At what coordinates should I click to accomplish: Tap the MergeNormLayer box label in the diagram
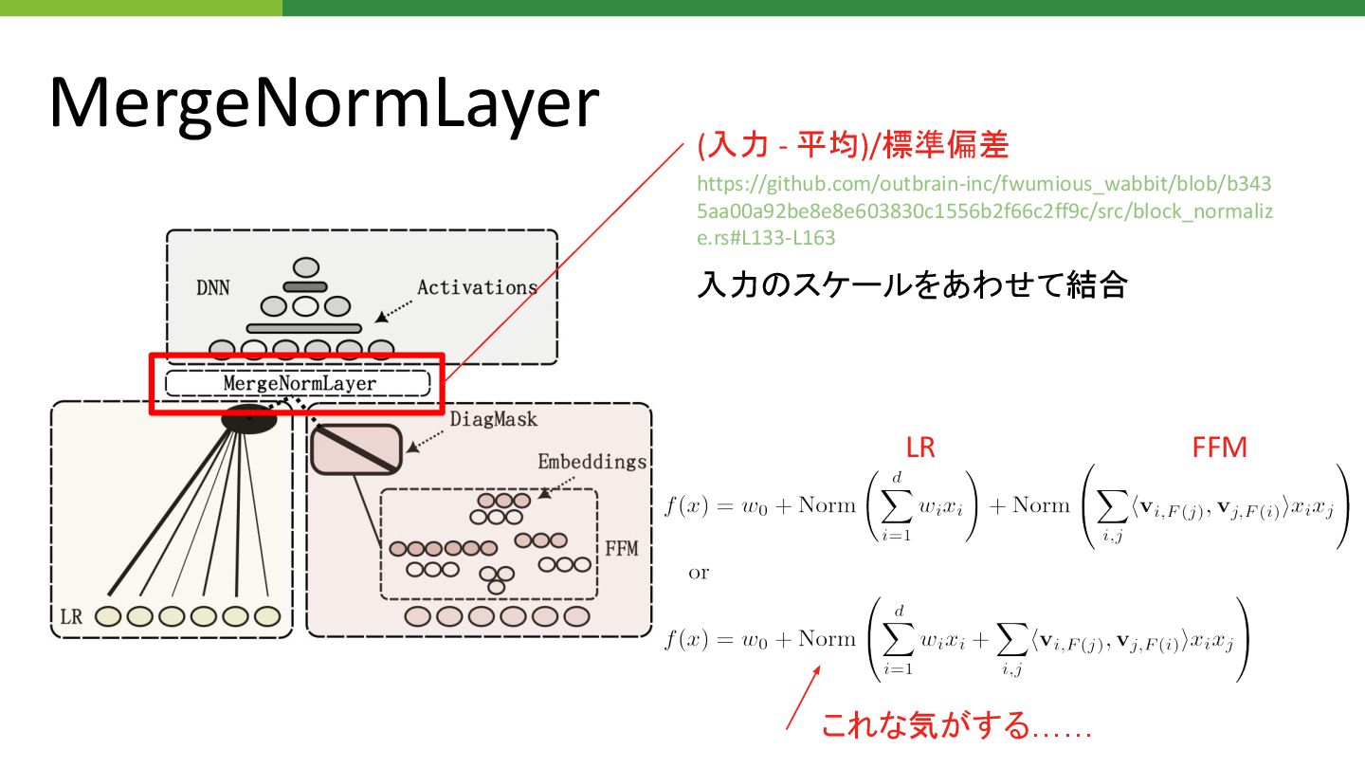(300, 383)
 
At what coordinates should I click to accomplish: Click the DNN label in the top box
(212, 287)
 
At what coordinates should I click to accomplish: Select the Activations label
(477, 286)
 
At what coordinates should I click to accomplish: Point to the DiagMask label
(493, 419)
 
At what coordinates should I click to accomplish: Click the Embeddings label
(591, 462)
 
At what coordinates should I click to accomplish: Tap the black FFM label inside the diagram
(622, 549)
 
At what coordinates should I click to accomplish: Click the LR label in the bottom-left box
(71, 616)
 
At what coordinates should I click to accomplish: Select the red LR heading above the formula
(920, 448)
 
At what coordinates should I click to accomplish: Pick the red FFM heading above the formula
(1219, 448)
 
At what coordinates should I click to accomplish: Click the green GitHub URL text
(985, 210)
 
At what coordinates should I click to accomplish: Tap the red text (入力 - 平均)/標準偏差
(852, 146)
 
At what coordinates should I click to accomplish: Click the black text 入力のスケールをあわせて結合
(911, 284)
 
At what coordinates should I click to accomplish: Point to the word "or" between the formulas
(699, 573)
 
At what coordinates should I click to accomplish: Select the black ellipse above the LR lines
(248, 417)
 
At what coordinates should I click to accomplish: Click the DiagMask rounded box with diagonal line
(356, 448)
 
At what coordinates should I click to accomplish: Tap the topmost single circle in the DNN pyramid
(305, 267)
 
